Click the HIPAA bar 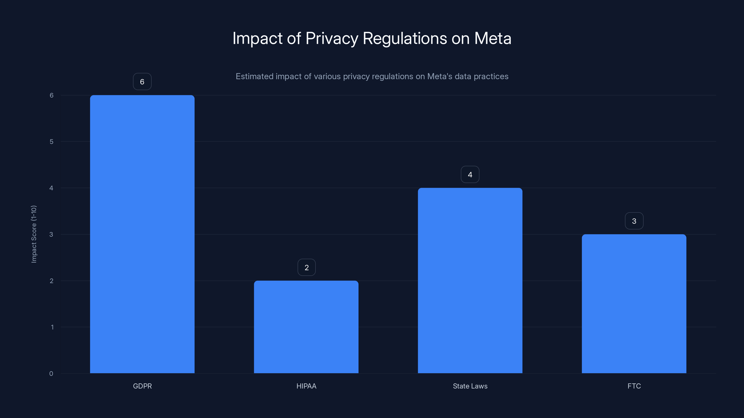point(306,327)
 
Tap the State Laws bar point(470,280)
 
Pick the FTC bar point(634,304)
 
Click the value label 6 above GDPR point(142,82)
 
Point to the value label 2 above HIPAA point(306,268)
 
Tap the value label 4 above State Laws point(470,175)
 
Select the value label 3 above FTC point(634,221)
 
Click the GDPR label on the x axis point(142,386)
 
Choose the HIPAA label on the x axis point(306,386)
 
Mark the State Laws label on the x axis point(470,386)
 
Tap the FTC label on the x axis point(634,386)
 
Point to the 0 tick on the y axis point(51,374)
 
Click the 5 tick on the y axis point(51,142)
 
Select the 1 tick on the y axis point(52,327)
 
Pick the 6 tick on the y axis point(51,95)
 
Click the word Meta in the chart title point(492,38)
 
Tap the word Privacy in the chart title point(332,38)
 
